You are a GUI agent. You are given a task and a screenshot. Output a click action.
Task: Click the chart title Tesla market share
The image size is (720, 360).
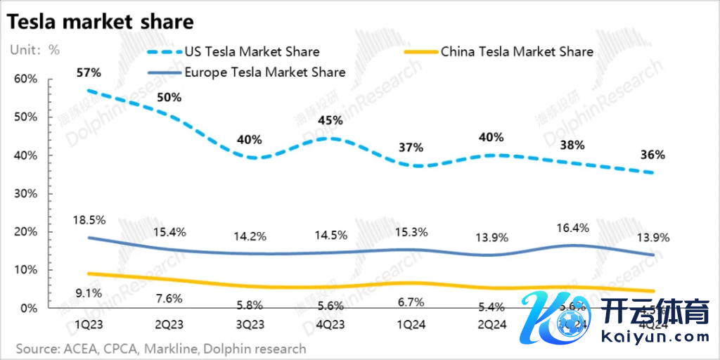(x=101, y=22)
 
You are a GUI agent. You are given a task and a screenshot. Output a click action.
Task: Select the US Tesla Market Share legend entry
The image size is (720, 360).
(x=251, y=51)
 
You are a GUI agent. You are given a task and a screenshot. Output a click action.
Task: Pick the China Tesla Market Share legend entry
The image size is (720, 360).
(x=516, y=51)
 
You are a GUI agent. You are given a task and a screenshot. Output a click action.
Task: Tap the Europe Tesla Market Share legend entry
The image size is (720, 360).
(x=264, y=72)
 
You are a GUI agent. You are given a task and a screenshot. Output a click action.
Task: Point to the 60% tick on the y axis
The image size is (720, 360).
(x=25, y=79)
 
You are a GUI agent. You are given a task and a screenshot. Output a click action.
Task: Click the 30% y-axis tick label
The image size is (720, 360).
(x=25, y=193)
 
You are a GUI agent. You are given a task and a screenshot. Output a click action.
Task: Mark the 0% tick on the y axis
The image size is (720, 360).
(x=29, y=308)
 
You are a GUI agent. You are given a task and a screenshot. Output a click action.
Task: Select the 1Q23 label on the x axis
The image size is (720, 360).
(x=90, y=326)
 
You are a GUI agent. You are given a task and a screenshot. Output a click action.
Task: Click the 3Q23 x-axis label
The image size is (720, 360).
(x=250, y=326)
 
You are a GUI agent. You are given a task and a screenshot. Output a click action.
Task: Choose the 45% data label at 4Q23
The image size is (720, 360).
(x=330, y=120)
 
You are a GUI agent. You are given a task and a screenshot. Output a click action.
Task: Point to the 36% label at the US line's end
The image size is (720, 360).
(x=652, y=155)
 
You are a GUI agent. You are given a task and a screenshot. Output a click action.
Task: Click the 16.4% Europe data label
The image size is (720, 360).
(x=573, y=227)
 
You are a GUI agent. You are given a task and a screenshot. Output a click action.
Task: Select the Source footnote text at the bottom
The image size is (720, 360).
(x=161, y=348)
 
